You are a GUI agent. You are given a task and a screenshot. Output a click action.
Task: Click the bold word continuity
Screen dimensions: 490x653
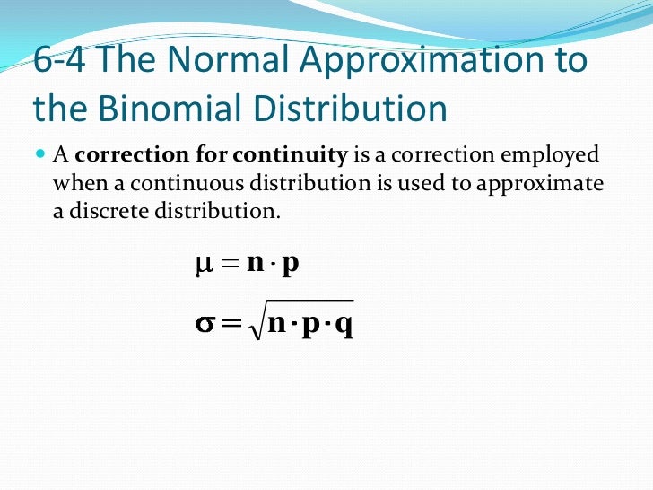tap(289, 154)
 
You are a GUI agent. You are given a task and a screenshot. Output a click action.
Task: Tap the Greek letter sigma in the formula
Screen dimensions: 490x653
tap(204, 323)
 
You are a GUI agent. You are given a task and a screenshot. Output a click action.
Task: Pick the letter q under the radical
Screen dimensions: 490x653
tap(343, 325)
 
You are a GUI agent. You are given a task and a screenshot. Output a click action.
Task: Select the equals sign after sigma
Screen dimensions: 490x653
tap(231, 323)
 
